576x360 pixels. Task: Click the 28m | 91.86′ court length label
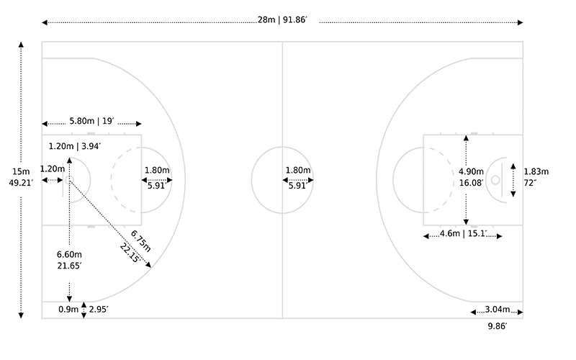(282, 20)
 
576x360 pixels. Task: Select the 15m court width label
(21, 171)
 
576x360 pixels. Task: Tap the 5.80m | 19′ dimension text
(92, 121)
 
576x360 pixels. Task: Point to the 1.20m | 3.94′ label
(75, 146)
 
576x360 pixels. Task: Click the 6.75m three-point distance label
(140, 241)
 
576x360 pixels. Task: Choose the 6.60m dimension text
(69, 254)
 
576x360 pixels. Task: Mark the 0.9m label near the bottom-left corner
(68, 310)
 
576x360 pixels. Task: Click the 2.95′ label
(99, 310)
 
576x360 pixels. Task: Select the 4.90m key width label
(471, 171)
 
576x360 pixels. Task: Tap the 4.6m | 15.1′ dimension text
(463, 233)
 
